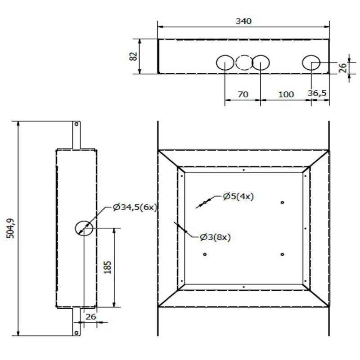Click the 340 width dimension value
[x=243, y=21]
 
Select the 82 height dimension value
[x=133, y=56]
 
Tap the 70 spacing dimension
[x=243, y=94]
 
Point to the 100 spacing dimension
[x=286, y=94]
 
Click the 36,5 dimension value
[x=317, y=93]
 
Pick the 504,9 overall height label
[x=10, y=228]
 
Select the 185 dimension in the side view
[x=108, y=267]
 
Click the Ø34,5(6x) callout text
[x=135, y=207]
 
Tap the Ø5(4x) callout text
[x=238, y=196]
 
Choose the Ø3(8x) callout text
[x=215, y=237]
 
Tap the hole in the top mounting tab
[x=76, y=124]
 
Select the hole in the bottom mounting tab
[x=76, y=333]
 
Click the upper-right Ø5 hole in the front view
[x=283, y=202]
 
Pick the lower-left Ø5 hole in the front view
[x=205, y=254]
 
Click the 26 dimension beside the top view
[x=342, y=68]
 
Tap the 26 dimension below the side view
[x=91, y=317]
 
